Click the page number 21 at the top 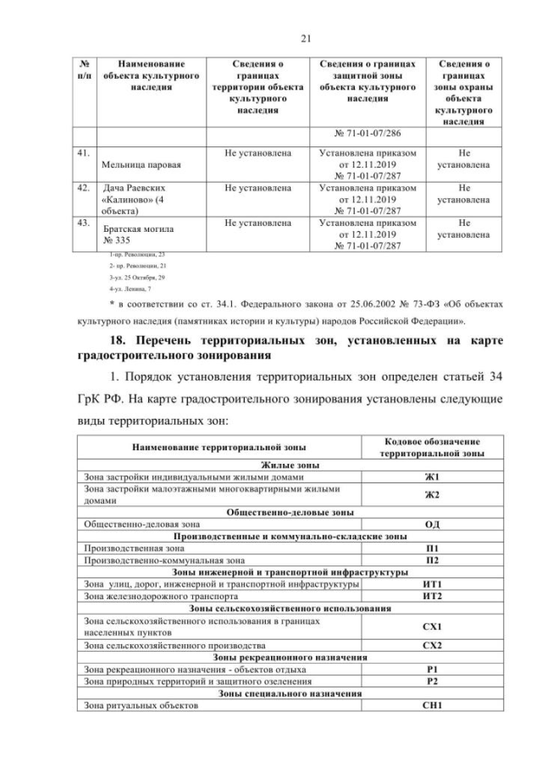tap(271, 36)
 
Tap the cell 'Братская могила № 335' tap(122, 234)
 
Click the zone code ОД tap(433, 524)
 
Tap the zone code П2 tap(433, 559)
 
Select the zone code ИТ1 tap(433, 584)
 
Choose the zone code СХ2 tap(433, 645)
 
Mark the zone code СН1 tap(433, 704)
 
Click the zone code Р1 tap(433, 669)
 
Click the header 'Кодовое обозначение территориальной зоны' tap(433, 447)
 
